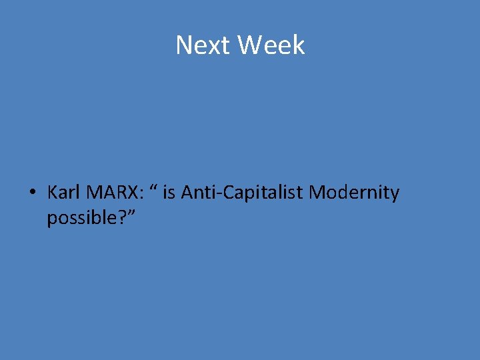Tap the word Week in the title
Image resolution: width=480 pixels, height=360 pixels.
click(271, 45)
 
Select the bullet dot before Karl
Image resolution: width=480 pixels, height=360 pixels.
click(31, 193)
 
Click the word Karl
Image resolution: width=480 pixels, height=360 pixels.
click(63, 193)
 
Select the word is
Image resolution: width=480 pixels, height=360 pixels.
click(169, 193)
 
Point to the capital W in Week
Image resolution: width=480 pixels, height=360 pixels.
click(249, 45)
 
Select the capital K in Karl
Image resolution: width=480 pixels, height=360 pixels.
click(52, 193)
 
